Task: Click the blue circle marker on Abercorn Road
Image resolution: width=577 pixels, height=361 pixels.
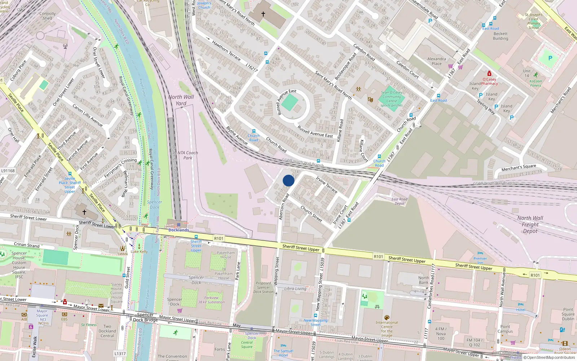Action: pyautogui.click(x=288, y=180)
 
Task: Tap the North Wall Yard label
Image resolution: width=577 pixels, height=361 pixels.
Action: pyautogui.click(x=181, y=100)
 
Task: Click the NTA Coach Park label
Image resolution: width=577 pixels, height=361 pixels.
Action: pyautogui.click(x=188, y=155)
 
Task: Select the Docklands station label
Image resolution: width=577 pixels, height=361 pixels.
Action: pyautogui.click(x=179, y=230)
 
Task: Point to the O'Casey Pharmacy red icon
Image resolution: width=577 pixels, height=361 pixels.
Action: pyautogui.click(x=489, y=73)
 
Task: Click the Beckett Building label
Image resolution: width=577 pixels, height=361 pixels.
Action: pyautogui.click(x=501, y=36)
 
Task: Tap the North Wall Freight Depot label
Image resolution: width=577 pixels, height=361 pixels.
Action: pyautogui.click(x=530, y=224)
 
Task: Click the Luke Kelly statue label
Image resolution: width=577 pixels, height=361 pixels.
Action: pyautogui.click(x=139, y=252)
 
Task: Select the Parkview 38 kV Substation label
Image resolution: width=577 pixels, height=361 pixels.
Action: pyautogui.click(x=211, y=300)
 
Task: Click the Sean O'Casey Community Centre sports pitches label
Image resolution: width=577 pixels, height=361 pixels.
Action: pyautogui.click(x=392, y=99)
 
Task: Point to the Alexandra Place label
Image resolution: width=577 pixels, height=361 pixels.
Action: pyautogui.click(x=436, y=61)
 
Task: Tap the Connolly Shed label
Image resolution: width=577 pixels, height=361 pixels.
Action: pyautogui.click(x=48, y=16)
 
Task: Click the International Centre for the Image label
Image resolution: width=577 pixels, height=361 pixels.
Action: pyautogui.click(x=387, y=329)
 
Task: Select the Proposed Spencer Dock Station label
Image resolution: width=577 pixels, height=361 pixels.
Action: pyautogui.click(x=263, y=287)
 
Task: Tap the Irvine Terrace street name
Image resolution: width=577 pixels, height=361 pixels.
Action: pyautogui.click(x=327, y=185)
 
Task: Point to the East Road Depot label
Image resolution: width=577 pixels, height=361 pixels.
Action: pyautogui.click(x=400, y=201)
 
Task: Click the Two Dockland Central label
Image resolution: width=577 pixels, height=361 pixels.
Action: pyautogui.click(x=107, y=331)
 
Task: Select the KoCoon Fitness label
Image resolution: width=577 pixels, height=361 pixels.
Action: pyautogui.click(x=536, y=83)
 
